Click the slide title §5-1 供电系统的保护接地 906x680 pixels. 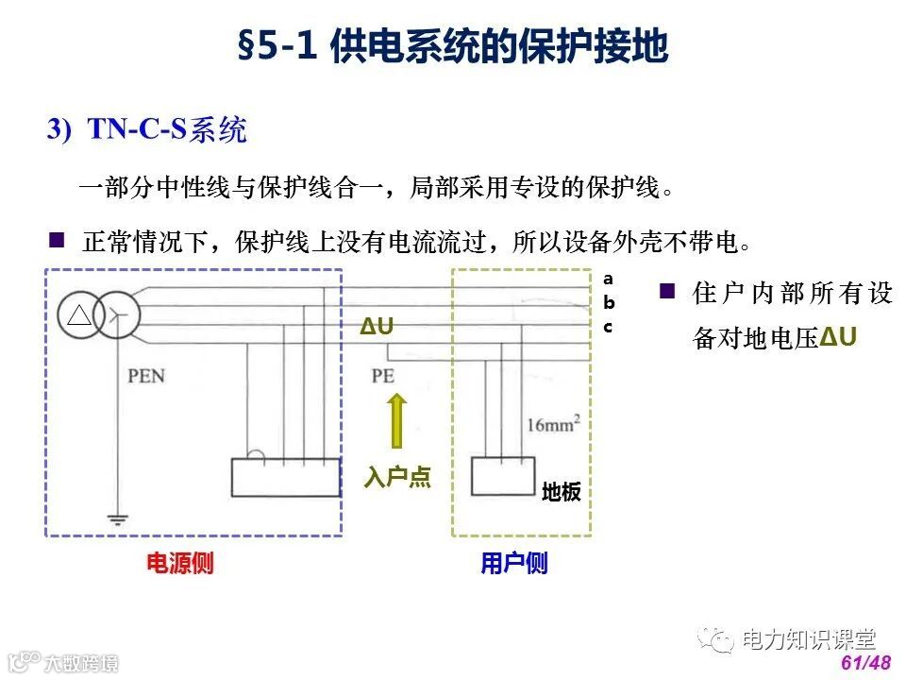[453, 48]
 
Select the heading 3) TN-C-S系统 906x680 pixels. [147, 130]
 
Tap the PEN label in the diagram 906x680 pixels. [146, 376]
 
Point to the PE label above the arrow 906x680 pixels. [382, 376]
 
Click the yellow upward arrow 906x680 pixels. [396, 419]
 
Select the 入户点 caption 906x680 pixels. [397, 478]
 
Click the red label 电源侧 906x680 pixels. [179, 564]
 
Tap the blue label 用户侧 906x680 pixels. [513, 564]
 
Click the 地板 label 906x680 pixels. [561, 492]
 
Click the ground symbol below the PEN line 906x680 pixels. [117, 518]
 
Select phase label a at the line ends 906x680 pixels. [608, 279]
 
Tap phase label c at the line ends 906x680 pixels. [608, 327]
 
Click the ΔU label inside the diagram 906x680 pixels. [377, 328]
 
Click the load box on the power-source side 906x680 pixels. [286, 477]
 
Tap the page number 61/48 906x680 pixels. [865, 663]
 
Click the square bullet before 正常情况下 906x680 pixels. [57, 241]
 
